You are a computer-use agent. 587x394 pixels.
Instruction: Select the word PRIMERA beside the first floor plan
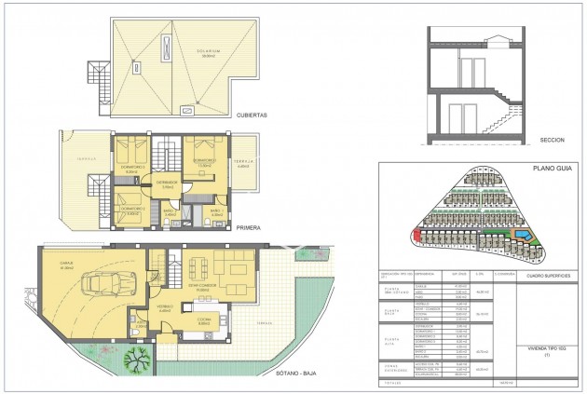[249, 226]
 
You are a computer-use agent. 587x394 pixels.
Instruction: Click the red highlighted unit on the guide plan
[416, 233]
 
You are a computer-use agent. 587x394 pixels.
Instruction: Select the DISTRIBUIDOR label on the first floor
[168, 183]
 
